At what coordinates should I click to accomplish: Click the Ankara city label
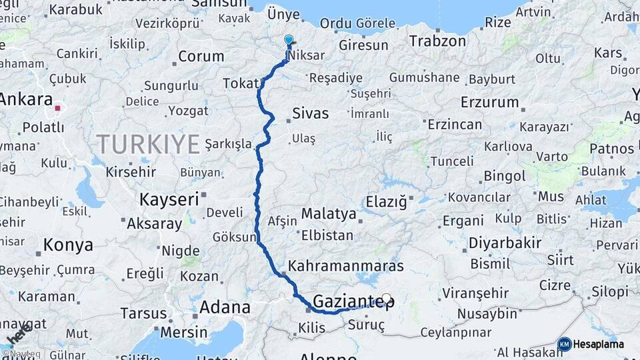25,99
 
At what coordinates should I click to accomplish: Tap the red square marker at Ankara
59,107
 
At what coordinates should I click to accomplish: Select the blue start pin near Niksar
288,41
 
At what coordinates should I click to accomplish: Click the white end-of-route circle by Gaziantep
386,298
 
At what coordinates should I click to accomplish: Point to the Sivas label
311,113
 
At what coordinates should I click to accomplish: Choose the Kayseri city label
169,199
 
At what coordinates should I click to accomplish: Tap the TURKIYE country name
148,143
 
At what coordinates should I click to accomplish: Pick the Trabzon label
437,41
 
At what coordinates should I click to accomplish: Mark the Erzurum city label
489,103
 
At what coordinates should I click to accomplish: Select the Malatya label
329,214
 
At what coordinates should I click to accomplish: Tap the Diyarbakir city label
505,243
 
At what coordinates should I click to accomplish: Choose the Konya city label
68,245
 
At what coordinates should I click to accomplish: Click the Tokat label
240,83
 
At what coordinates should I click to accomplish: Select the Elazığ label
386,201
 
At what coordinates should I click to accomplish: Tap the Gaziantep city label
349,301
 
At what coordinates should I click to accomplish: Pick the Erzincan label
455,125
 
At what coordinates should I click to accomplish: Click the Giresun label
363,45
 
